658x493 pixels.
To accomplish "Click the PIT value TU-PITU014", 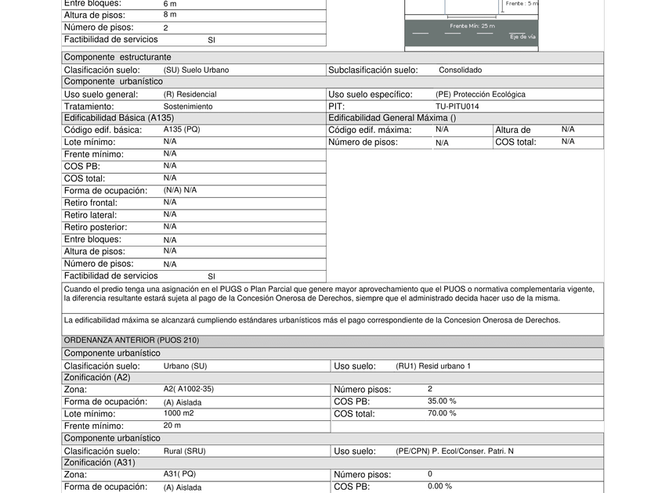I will point(457,106).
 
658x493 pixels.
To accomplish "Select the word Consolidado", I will point(460,70).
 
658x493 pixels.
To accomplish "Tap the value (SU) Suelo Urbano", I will point(196,70).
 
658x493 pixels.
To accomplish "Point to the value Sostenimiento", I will point(188,106).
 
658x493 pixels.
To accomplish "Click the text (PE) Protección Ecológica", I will point(480,95).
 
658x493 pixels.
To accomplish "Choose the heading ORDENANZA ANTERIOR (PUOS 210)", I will point(132,340).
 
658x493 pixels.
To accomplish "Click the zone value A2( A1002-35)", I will point(188,389).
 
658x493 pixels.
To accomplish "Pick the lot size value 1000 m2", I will point(179,413).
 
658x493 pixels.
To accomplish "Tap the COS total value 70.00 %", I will point(442,413).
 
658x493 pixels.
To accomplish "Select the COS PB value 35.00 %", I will point(442,401).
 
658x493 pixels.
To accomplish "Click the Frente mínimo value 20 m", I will point(172,426).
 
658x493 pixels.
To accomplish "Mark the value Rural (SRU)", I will point(185,452).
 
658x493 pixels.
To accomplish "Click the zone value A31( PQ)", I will point(179,474).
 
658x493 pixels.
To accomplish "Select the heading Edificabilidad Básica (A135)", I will point(118,118).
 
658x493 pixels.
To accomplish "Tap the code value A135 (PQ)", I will point(182,130).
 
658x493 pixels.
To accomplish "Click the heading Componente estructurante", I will point(117,58).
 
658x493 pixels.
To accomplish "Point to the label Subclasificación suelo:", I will point(373,70).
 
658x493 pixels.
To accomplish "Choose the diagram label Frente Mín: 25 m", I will point(472,27).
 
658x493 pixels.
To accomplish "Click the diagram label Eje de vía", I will point(522,37).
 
